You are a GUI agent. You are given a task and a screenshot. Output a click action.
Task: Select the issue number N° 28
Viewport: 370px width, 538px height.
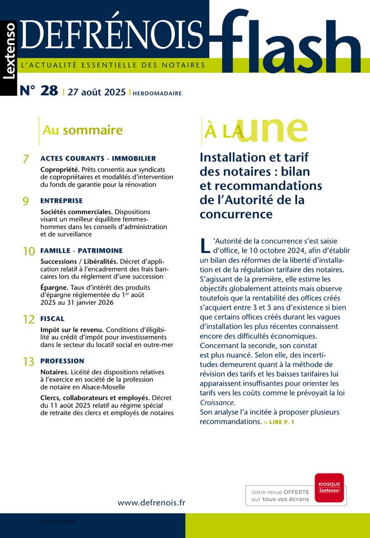(x=39, y=91)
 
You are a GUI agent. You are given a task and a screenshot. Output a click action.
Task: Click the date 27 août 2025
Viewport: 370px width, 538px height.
(x=96, y=92)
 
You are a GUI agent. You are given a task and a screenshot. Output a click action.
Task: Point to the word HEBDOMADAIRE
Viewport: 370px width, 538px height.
(x=158, y=94)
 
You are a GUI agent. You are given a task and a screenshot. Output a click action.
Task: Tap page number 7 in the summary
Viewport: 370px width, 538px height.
(x=26, y=160)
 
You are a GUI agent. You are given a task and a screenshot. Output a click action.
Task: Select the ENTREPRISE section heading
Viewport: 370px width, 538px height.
(x=62, y=200)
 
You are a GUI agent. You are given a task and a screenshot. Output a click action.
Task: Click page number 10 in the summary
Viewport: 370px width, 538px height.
(x=29, y=252)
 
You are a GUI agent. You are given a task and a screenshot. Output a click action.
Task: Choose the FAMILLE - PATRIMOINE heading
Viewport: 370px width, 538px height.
(x=81, y=251)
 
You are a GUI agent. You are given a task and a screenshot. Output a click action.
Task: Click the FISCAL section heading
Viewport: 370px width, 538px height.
(x=53, y=318)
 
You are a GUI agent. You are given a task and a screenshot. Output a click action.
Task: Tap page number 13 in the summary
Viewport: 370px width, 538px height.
(x=29, y=362)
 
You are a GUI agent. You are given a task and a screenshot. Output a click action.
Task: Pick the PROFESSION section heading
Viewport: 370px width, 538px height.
(x=62, y=361)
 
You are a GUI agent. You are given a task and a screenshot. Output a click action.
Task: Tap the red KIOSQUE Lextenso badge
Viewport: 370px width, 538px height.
(x=330, y=486)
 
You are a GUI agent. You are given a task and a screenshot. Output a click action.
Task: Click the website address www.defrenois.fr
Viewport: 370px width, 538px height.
(x=151, y=503)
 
